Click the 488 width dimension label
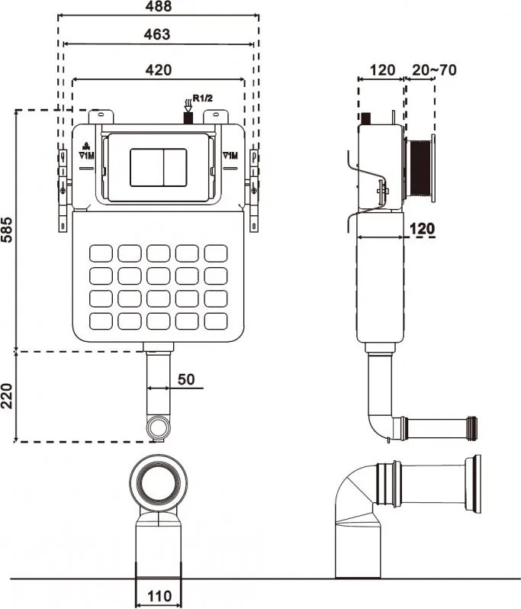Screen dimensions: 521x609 pyautogui.click(x=159, y=6)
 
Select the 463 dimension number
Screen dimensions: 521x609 pyautogui.click(x=157, y=34)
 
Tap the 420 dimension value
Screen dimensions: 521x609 pyautogui.click(x=159, y=70)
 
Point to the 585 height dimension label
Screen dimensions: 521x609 pyautogui.click(x=7, y=230)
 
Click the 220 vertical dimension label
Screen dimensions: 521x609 pyautogui.click(x=7, y=396)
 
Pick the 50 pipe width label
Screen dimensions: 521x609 pyautogui.click(x=186, y=379)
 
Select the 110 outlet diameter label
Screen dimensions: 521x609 pyautogui.click(x=159, y=596)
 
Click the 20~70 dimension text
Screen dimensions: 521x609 pyautogui.click(x=435, y=70)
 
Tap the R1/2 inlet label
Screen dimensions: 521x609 pyautogui.click(x=203, y=98)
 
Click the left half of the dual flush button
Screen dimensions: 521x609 pyautogui.click(x=146, y=167)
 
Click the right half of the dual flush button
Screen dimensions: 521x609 pyautogui.click(x=175, y=167)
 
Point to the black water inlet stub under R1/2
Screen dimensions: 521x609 pyautogui.click(x=188, y=118)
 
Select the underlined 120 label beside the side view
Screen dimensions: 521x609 pyautogui.click(x=422, y=229)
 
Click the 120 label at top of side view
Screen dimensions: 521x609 pyautogui.click(x=382, y=70)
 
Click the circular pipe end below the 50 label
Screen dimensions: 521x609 pyautogui.click(x=159, y=427)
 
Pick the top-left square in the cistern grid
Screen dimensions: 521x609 pyautogui.click(x=101, y=253)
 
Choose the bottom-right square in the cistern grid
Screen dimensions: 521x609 pyautogui.click(x=216, y=321)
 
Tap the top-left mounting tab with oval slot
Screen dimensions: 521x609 pyautogui.click(x=101, y=117)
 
